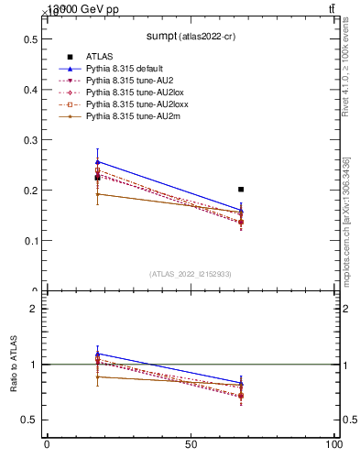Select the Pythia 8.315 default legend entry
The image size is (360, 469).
point(125,69)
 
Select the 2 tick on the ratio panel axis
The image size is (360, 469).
point(32,309)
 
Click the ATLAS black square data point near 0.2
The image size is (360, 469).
point(241,190)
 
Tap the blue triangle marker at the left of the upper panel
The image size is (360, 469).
point(97,162)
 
